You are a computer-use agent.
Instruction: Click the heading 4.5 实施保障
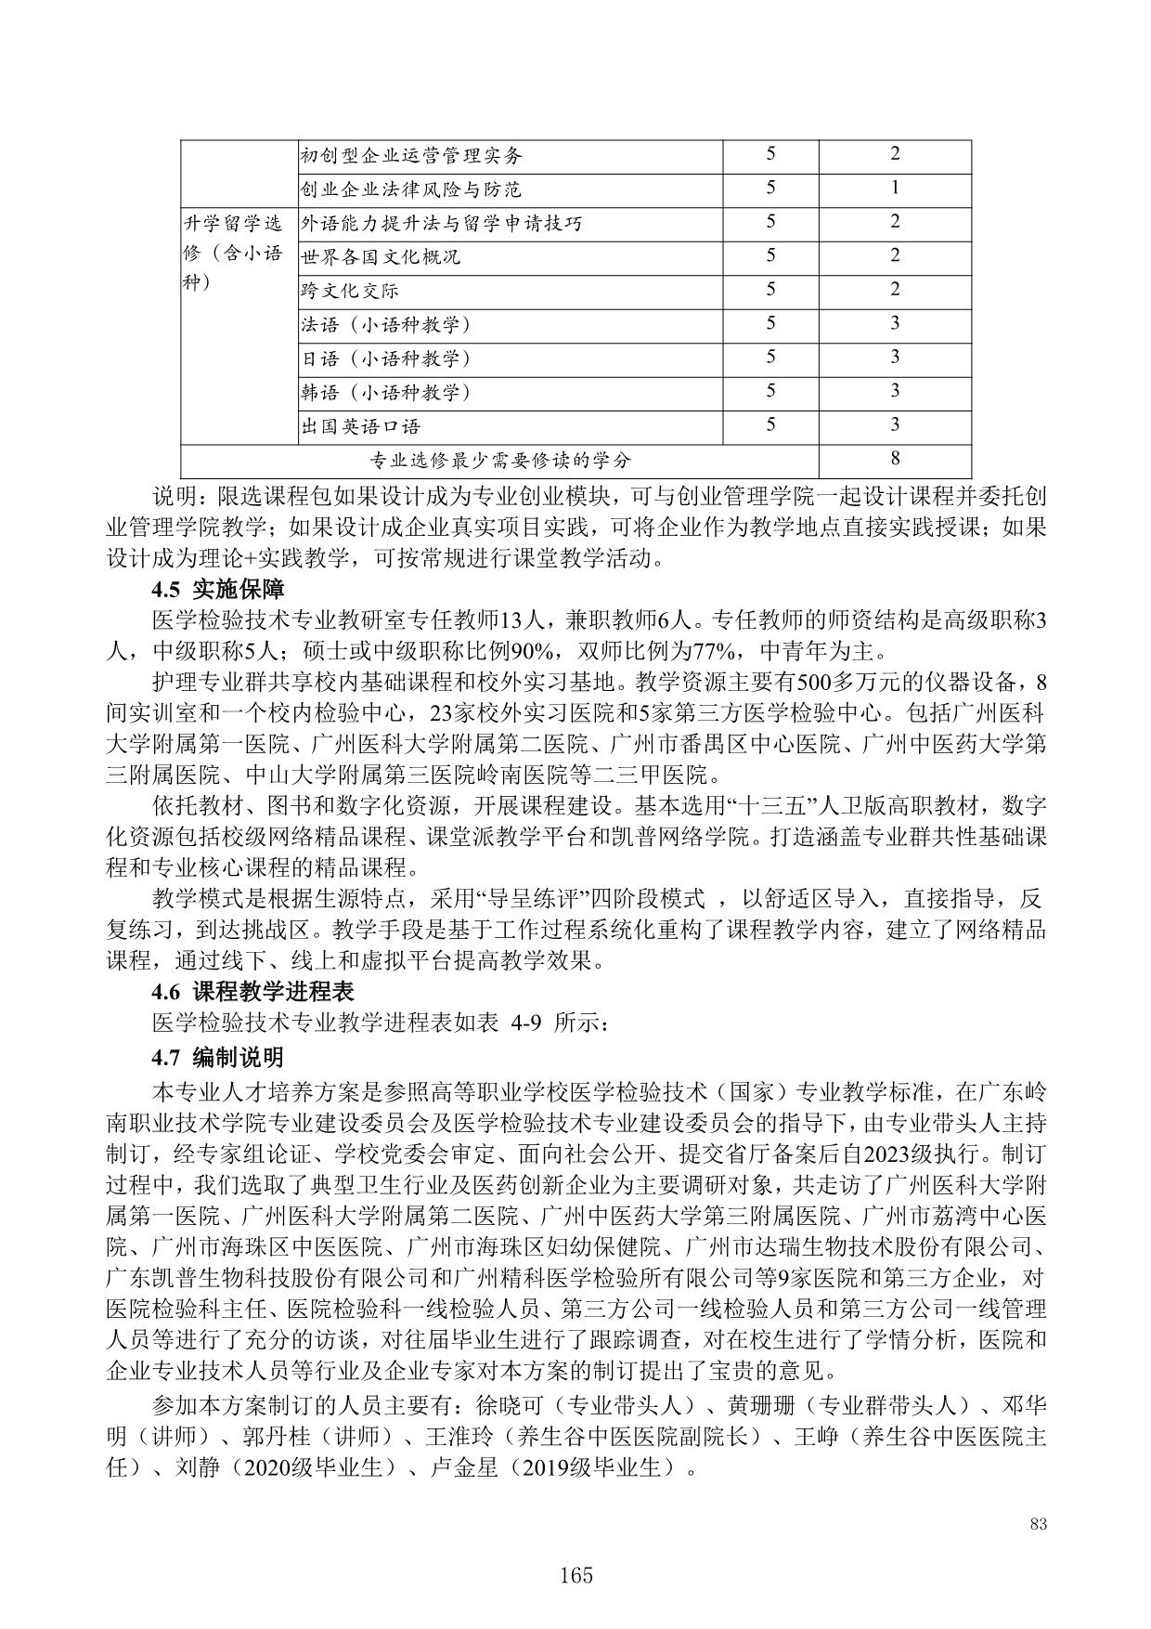[x=219, y=590]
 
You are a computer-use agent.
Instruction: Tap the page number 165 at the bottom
[x=575, y=1575]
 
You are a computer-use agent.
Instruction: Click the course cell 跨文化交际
[x=349, y=291]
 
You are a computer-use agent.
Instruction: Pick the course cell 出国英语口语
[x=360, y=426]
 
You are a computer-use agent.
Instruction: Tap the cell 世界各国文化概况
[x=381, y=256]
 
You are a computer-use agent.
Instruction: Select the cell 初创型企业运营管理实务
[x=411, y=155]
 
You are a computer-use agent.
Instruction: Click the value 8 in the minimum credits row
[x=895, y=459]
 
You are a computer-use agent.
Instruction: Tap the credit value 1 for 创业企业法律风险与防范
[x=895, y=189]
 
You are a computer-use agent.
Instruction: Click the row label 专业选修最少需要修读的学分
[x=500, y=460]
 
